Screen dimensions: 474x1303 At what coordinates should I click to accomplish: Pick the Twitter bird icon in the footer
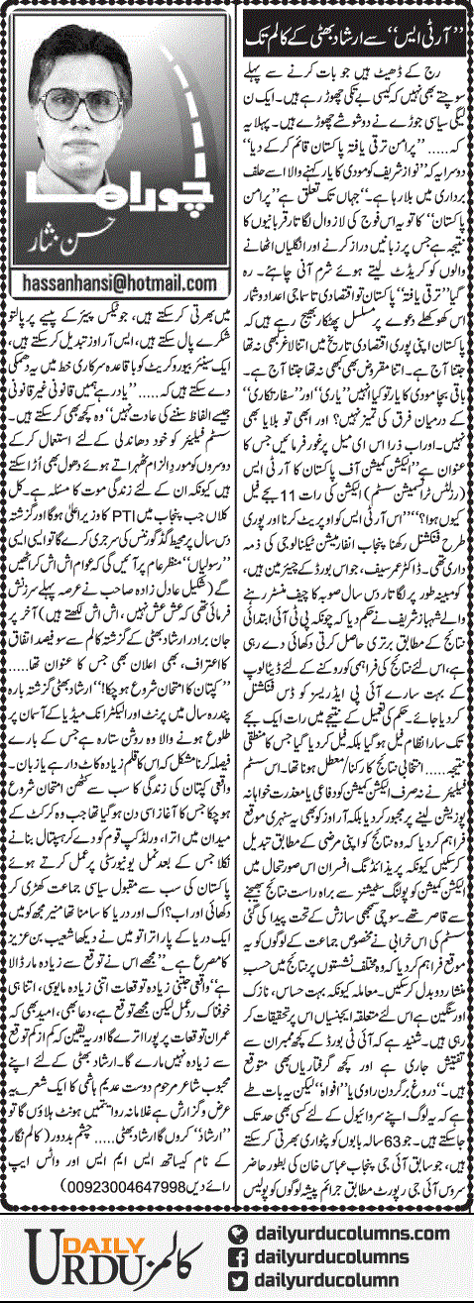coord(238,1280)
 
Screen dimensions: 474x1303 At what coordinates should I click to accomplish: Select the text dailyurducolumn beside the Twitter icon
coord(339,1280)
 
